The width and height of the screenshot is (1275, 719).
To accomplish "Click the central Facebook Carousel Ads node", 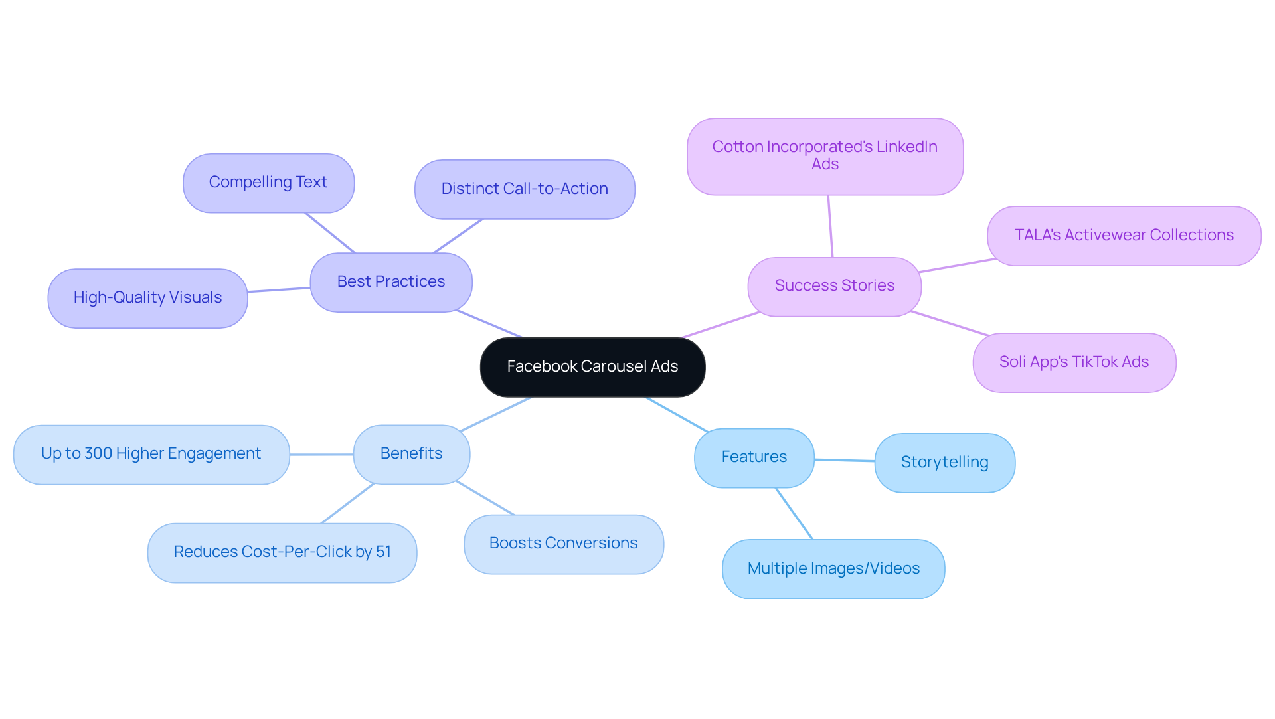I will click(592, 367).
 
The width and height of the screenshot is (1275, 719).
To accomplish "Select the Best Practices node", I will click(391, 282).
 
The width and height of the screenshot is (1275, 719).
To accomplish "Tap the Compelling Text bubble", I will click(268, 183).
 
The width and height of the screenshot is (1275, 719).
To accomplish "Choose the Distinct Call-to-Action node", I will click(525, 189).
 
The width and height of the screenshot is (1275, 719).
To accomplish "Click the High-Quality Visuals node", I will click(147, 298).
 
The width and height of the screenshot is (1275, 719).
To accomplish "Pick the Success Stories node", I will click(834, 286).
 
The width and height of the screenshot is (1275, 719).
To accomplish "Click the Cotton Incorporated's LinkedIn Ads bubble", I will click(825, 156).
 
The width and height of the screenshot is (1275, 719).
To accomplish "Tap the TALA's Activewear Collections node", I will click(1124, 236).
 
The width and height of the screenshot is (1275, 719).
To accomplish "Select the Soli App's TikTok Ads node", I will click(1074, 362).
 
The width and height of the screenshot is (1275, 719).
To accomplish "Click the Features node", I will click(754, 457).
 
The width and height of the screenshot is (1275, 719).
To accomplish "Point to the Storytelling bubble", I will click(944, 463).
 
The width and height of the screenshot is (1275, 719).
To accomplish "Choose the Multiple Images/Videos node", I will click(833, 569).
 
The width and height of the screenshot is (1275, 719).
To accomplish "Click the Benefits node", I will click(411, 454).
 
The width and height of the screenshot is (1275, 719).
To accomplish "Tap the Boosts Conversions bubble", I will click(563, 544).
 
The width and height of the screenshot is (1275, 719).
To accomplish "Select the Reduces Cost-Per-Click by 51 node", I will click(282, 552).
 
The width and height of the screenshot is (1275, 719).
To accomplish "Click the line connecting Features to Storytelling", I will click(845, 460).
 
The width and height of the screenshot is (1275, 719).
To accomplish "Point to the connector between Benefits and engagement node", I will click(321, 455).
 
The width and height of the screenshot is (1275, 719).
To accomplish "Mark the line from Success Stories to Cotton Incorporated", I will click(830, 226).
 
